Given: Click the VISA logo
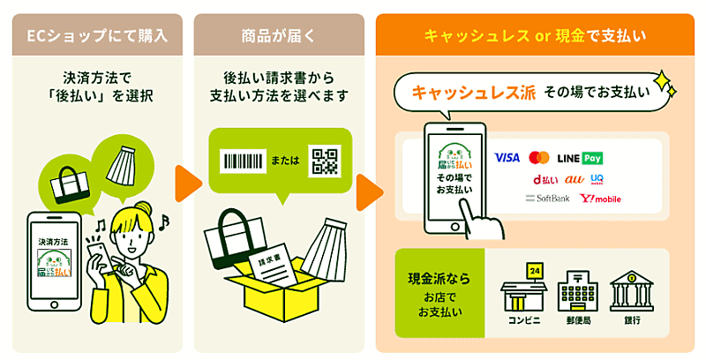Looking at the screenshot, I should pos(507,158).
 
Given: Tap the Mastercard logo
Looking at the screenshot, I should pos(539,158).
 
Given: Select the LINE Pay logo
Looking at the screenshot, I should pos(580,158).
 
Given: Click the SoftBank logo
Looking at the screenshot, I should pos(547,199).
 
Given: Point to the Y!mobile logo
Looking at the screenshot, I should pos(600,199).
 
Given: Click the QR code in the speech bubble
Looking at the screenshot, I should pos(324,161).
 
